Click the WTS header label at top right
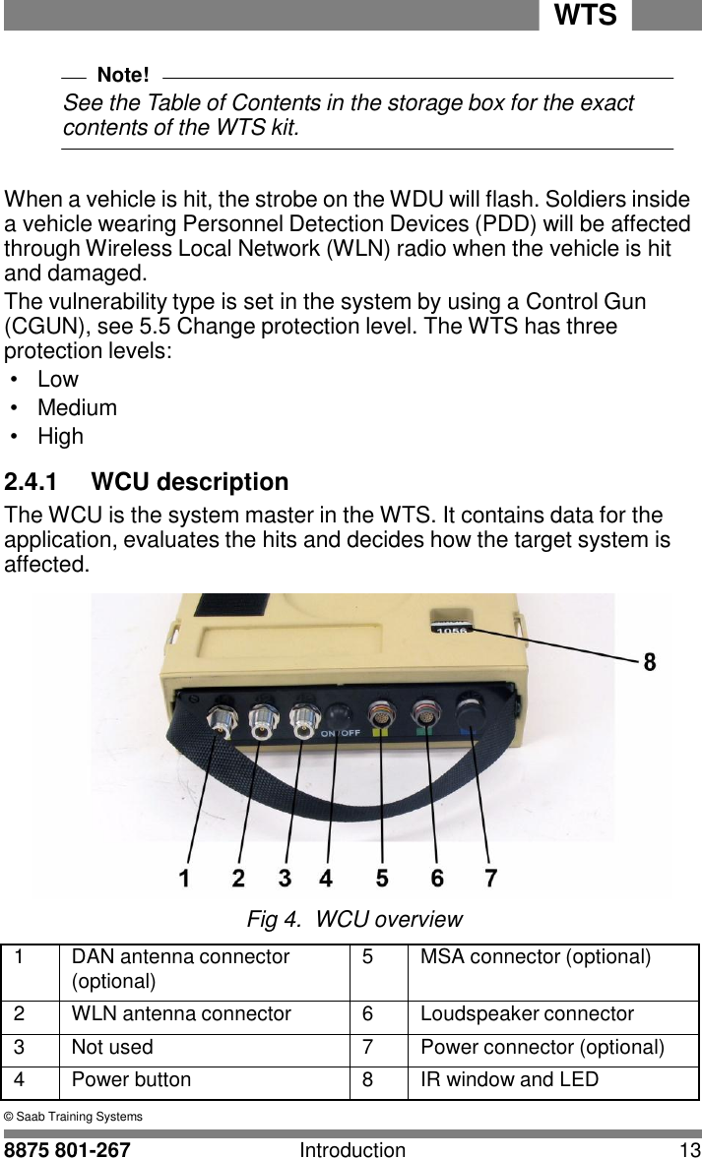[585, 16]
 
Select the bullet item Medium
[77, 407]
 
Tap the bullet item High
[60, 436]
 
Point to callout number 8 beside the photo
[649, 663]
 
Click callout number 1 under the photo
[184, 878]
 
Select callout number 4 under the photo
[326, 878]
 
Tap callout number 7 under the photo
[490, 878]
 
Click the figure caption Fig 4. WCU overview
[353, 920]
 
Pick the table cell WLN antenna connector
[181, 1013]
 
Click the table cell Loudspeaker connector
[527, 1013]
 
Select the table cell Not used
[112, 1047]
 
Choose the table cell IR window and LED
[509, 1079]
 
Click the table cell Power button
[131, 1079]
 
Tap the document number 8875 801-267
[68, 1149]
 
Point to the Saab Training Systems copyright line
[74, 1117]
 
